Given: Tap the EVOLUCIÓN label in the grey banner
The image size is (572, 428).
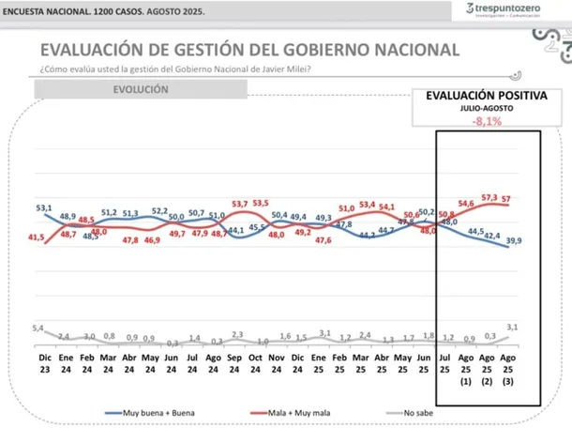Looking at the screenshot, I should [x=141, y=89].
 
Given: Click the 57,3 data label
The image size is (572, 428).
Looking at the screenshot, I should [x=489, y=197].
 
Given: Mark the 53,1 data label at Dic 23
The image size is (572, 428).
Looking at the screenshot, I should [x=43, y=207].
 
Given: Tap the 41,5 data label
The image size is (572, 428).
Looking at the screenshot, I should [x=37, y=237].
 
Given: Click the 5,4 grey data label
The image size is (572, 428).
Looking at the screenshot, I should [x=38, y=328].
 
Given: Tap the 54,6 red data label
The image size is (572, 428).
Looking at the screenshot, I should [x=465, y=204].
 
